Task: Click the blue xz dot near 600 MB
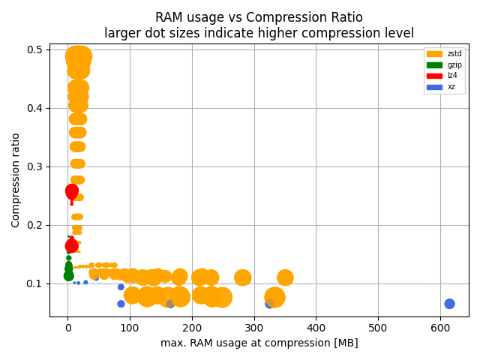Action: point(449,304)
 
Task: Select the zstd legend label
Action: point(454,53)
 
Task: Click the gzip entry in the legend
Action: point(454,64)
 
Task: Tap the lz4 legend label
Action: point(453,76)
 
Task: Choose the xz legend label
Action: point(451,87)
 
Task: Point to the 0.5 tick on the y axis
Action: point(34,49)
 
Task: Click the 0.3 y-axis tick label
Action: point(34,166)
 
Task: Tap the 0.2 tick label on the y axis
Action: point(34,225)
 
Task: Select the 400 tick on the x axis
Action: point(316,328)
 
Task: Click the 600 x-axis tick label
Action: point(440,328)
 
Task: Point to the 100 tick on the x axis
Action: point(130,328)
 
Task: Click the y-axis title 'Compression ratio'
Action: point(16,180)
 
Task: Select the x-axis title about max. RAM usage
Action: point(259,343)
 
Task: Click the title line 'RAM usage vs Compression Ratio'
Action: point(259,17)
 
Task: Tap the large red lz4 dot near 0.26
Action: point(72,191)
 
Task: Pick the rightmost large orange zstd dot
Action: point(285,277)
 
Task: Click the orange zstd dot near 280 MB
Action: point(242,277)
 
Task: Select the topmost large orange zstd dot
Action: point(79,56)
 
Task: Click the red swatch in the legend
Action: point(434,76)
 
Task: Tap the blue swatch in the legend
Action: point(434,87)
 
